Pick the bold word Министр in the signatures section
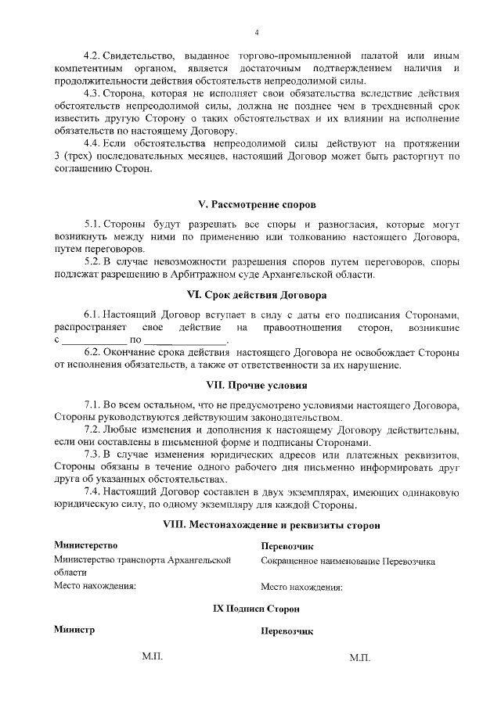pos(74,630)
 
